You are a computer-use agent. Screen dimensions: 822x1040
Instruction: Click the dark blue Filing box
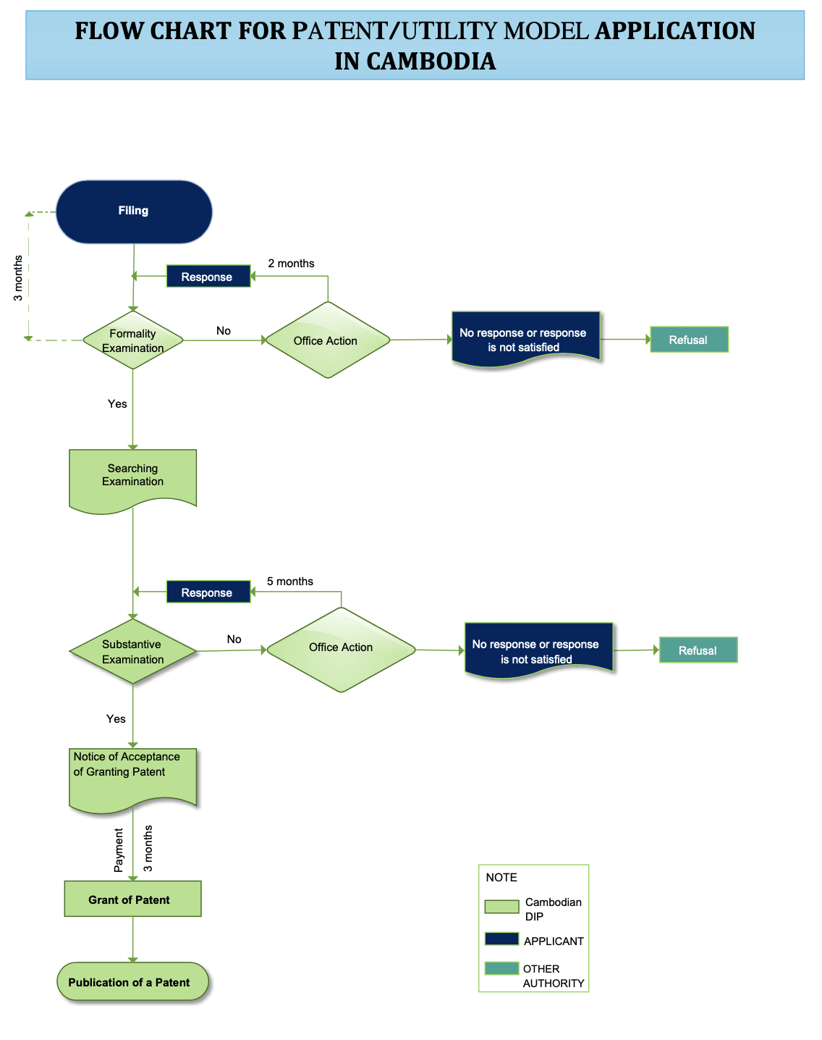point(134,211)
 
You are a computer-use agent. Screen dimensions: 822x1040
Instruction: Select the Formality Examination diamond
point(133,340)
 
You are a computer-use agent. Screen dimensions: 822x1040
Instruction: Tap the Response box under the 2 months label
point(208,276)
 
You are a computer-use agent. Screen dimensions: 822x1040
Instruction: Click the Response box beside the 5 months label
point(208,592)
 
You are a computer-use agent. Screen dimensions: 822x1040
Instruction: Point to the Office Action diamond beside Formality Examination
point(328,340)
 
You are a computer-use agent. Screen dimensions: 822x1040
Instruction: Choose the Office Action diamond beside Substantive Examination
point(341,650)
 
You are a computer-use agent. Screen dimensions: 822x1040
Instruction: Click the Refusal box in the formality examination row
point(689,339)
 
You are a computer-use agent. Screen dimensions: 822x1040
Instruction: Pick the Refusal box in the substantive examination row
point(698,650)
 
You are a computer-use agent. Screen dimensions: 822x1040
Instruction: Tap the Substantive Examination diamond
point(133,651)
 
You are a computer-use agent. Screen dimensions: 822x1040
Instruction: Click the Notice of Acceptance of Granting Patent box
point(133,779)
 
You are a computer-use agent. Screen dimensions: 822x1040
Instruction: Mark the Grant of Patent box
point(133,898)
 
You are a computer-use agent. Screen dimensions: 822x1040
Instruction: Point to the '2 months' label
point(291,264)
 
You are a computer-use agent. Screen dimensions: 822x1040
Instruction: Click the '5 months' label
point(289,582)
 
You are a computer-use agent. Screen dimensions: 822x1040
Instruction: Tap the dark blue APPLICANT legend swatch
point(501,939)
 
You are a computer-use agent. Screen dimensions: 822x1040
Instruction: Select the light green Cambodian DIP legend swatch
point(501,907)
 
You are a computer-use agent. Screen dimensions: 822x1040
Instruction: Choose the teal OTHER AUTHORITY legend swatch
point(501,968)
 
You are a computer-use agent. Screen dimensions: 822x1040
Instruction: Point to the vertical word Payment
point(119,850)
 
